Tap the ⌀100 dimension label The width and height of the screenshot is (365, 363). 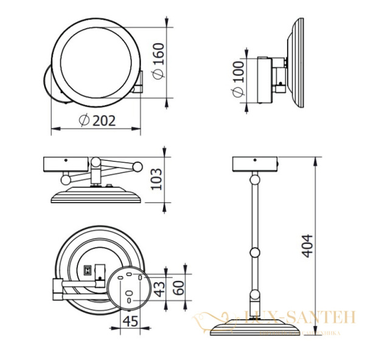[237, 80]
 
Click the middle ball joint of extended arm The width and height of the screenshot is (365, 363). [255, 252]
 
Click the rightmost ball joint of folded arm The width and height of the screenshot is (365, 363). [138, 165]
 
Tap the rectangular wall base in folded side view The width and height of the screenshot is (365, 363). [67, 164]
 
